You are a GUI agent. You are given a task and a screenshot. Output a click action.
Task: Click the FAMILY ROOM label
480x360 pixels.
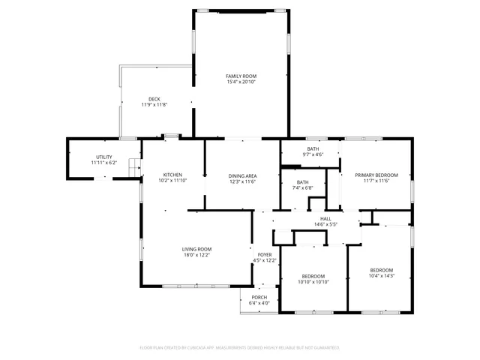(x=241, y=76)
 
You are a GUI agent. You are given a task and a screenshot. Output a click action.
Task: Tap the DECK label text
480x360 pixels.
(x=154, y=99)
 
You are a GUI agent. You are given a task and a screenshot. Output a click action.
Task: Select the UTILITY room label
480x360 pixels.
(x=103, y=157)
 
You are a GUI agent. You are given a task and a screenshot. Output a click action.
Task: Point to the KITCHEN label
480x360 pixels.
(x=172, y=175)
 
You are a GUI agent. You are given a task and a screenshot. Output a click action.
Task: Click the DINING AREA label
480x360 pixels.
(x=242, y=175)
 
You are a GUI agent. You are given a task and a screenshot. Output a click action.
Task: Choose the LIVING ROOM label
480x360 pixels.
(x=196, y=249)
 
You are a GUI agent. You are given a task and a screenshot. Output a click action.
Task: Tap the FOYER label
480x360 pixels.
(x=265, y=255)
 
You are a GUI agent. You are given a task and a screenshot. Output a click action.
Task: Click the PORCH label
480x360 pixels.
(x=259, y=297)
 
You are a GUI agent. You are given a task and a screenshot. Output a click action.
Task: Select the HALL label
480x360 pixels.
(x=325, y=218)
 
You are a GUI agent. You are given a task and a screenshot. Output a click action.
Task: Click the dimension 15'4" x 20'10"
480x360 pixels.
(x=241, y=82)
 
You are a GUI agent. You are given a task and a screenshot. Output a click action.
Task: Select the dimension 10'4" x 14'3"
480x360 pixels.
(x=381, y=276)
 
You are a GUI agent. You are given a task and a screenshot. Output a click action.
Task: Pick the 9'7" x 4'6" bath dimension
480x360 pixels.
(x=312, y=154)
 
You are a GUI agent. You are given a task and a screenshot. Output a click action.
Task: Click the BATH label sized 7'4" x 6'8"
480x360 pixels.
(x=302, y=181)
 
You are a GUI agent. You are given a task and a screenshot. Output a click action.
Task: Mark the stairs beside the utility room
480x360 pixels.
(x=135, y=167)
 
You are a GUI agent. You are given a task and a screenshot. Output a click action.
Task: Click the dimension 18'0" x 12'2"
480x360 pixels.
(x=196, y=255)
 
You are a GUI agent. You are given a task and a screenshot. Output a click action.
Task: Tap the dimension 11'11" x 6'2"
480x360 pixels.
(x=103, y=163)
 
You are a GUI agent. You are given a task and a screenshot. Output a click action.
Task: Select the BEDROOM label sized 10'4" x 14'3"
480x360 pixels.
(x=381, y=270)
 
